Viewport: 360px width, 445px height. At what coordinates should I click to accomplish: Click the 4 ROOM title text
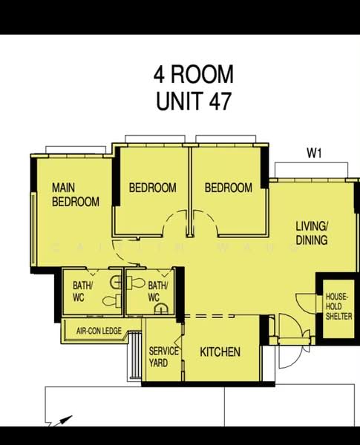click(194, 74)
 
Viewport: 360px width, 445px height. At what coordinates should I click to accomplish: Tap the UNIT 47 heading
click(194, 101)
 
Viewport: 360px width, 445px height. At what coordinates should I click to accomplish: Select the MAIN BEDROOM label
click(76, 194)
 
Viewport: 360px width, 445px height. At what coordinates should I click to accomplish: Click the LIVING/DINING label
click(312, 233)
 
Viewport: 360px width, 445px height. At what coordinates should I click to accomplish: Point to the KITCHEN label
click(220, 352)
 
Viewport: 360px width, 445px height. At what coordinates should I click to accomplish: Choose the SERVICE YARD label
click(163, 357)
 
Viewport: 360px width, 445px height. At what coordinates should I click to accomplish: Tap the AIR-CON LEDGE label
click(99, 331)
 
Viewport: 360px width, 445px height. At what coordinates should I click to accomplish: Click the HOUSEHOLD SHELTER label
click(338, 306)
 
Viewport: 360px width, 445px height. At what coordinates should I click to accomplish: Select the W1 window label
click(314, 154)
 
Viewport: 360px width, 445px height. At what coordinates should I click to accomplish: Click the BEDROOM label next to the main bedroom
click(153, 188)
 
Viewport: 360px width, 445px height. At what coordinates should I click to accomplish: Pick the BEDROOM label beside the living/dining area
click(229, 188)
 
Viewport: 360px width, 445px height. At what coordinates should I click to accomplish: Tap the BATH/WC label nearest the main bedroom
click(82, 291)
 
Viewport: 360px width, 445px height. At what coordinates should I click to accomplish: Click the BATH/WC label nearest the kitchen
click(157, 291)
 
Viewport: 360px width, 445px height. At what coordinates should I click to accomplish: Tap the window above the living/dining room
click(312, 171)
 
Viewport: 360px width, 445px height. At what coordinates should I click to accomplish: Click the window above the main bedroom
click(76, 150)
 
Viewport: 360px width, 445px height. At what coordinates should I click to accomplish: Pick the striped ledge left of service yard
click(135, 355)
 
